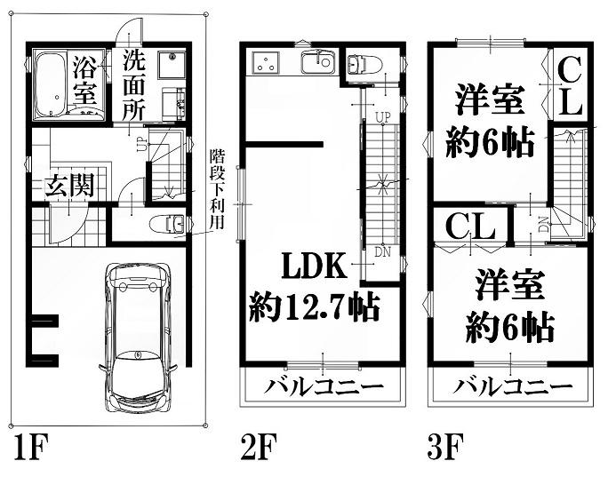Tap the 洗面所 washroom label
click(134, 85)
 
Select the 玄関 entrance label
click(70, 186)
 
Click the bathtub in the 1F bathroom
click(51, 84)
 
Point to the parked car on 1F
click(138, 338)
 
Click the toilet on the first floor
click(168, 225)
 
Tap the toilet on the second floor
click(359, 64)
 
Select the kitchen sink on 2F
click(317, 62)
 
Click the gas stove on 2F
click(266, 62)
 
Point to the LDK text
click(314, 266)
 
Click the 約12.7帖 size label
click(314, 306)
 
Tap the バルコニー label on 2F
click(323, 386)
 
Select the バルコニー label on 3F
click(512, 386)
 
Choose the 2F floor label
click(259, 447)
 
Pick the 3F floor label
click(445, 447)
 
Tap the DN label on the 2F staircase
click(383, 252)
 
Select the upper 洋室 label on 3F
click(490, 99)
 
